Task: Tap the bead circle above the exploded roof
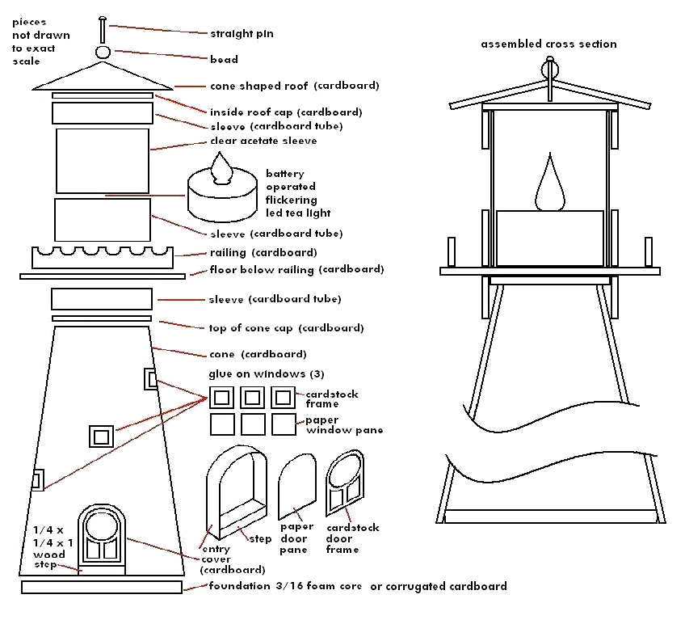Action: point(103,53)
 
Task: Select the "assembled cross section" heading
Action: point(548,44)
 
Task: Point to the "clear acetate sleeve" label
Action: point(263,141)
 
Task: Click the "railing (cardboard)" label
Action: point(252,253)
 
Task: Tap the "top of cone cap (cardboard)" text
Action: point(286,328)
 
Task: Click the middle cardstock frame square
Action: point(252,397)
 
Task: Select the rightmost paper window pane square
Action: point(284,424)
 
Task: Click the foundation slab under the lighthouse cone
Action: point(102,587)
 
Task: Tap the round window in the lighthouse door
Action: point(102,525)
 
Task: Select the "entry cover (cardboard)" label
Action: point(221,559)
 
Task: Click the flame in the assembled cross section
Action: point(550,183)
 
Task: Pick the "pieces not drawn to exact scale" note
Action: point(40,41)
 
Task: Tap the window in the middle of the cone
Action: point(101,437)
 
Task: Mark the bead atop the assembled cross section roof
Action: point(551,64)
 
